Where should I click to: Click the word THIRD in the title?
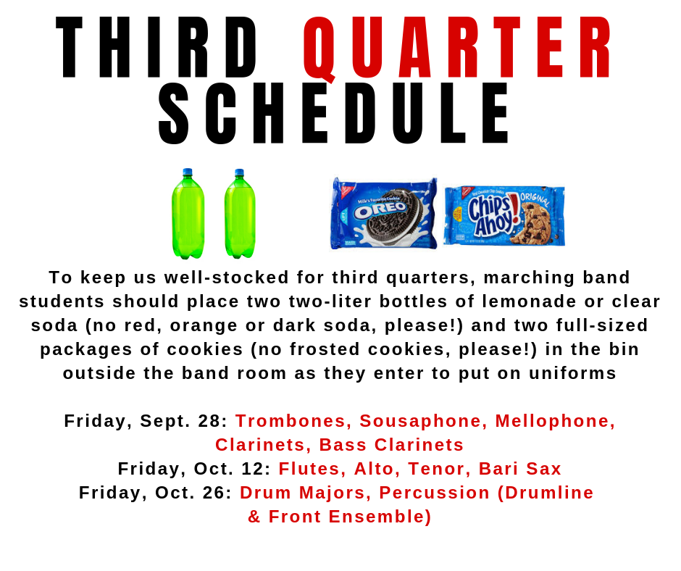156,47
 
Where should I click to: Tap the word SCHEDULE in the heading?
333,114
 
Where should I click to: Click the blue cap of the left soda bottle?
188,172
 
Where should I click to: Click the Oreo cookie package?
383,213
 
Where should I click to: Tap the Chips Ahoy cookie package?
504,216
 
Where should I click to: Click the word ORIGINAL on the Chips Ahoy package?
535,199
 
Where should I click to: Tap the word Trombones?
290,421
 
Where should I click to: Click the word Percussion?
434,493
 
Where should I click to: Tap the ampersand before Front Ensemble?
254,517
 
